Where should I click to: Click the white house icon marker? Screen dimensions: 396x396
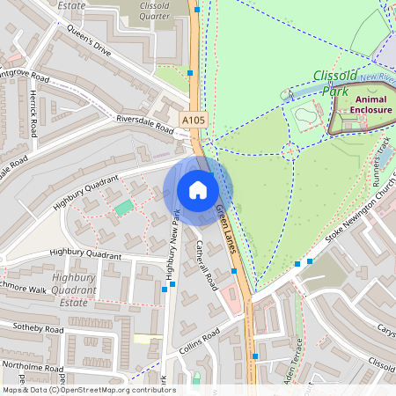point(198,190)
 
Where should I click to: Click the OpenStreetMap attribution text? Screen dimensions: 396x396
point(88,390)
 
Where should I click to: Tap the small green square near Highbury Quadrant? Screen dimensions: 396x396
point(124,207)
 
